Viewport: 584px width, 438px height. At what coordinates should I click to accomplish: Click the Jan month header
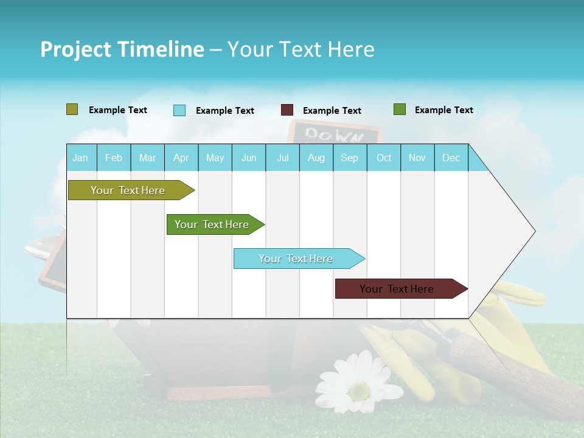tap(80, 158)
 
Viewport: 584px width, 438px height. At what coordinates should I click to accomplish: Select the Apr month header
tap(181, 158)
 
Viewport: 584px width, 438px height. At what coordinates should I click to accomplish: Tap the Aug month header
tap(316, 158)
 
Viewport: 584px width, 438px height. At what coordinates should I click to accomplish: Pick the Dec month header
tap(451, 158)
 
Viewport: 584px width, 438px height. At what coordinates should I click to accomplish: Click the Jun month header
tap(249, 158)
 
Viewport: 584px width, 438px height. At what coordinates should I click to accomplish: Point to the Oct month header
tap(384, 158)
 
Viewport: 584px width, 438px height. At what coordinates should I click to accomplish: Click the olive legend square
tap(72, 109)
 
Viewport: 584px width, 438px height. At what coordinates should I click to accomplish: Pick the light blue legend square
tap(179, 110)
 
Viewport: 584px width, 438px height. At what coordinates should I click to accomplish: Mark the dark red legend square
tap(287, 110)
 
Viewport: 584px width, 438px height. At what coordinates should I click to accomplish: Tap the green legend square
tap(400, 109)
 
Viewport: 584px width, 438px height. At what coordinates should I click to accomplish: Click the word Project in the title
tap(75, 49)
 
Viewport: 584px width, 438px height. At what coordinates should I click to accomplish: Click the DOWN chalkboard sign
tap(335, 132)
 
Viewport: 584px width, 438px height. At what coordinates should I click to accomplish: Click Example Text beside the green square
tap(443, 110)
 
